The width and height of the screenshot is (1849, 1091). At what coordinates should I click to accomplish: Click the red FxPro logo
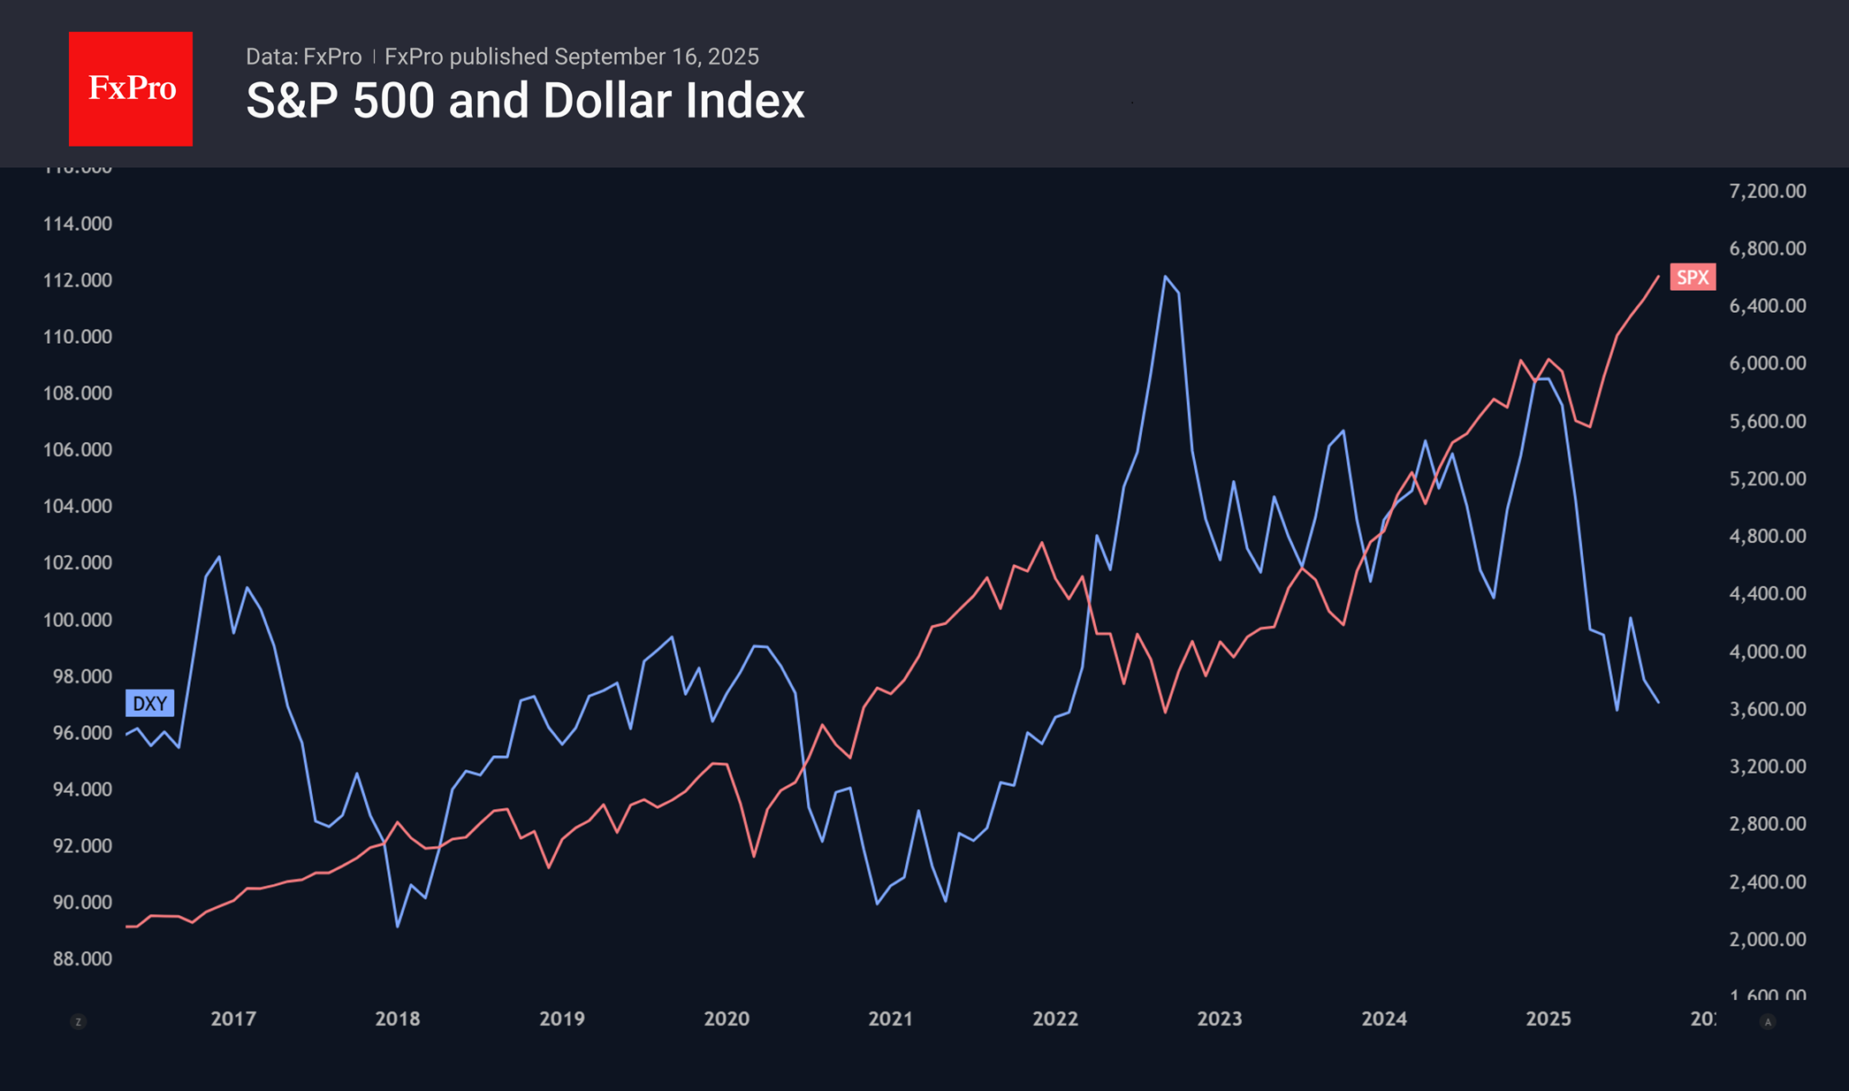pos(131,88)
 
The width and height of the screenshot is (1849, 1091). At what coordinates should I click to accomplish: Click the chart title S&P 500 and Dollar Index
pos(525,101)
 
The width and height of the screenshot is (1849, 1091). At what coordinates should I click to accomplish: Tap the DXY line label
pos(149,704)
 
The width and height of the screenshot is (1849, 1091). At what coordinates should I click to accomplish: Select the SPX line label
pos(1693,278)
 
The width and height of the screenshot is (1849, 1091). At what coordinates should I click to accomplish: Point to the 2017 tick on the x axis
pos(233,1019)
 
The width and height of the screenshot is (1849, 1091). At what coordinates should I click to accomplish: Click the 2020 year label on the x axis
pos(727,1019)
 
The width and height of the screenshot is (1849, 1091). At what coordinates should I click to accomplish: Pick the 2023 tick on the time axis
pos(1220,1019)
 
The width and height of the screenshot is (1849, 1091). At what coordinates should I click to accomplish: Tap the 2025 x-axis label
pos(1548,1019)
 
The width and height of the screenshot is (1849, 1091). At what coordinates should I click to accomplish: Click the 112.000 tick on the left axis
pos(78,280)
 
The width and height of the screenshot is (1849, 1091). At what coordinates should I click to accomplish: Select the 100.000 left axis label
pos(78,620)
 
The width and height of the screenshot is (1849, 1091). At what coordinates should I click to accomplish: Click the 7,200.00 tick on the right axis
pos(1768,191)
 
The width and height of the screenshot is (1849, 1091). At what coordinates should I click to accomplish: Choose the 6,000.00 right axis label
pos(1768,363)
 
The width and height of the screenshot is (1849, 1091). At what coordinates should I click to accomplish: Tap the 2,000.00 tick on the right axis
pos(1768,939)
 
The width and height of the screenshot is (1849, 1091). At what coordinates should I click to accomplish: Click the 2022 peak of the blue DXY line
pos(1166,277)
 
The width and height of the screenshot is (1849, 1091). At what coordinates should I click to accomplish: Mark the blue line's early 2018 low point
pos(398,926)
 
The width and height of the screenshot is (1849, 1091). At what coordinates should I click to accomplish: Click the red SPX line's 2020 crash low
pos(754,856)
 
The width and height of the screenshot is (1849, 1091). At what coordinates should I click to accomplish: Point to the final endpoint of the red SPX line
pos(1658,277)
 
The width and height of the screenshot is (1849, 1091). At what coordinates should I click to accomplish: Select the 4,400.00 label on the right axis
pos(1768,593)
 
